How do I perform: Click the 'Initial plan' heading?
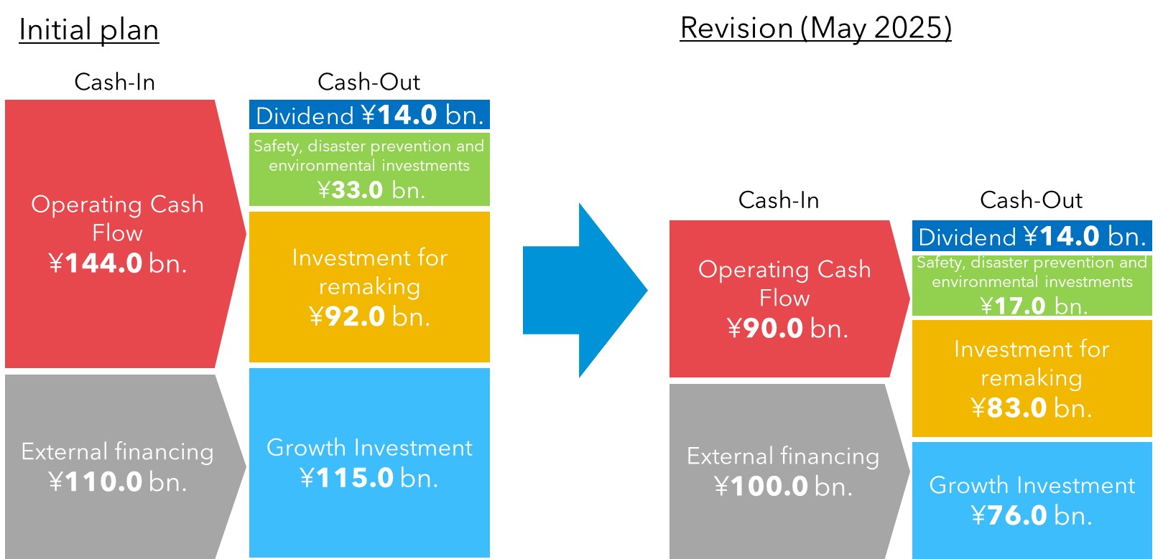pyautogui.click(x=89, y=30)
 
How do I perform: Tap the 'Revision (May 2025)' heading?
pyautogui.click(x=815, y=28)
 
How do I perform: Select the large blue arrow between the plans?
pyautogui.click(x=585, y=291)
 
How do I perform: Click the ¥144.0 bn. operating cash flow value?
pyautogui.click(x=118, y=263)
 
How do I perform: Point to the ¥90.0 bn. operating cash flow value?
pyautogui.click(x=787, y=328)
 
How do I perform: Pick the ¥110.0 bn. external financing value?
pyautogui.click(x=118, y=482)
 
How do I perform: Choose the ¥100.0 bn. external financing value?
pyautogui.click(x=784, y=487)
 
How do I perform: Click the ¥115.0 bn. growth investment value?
pyautogui.click(x=369, y=478)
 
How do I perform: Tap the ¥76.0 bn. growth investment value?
pyautogui.click(x=1032, y=515)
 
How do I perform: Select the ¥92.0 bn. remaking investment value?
pyautogui.click(x=370, y=316)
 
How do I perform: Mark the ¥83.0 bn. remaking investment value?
pyautogui.click(x=1032, y=408)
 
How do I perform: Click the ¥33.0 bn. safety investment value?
pyautogui.click(x=371, y=189)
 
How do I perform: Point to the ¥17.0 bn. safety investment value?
pyautogui.click(x=1034, y=306)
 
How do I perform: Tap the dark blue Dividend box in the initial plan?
pyautogui.click(x=370, y=115)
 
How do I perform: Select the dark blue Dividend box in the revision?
pyautogui.click(x=1032, y=236)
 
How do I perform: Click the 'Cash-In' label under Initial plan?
pyautogui.click(x=115, y=82)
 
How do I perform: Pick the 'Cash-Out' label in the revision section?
pyautogui.click(x=1031, y=200)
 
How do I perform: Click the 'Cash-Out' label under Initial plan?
pyautogui.click(x=369, y=82)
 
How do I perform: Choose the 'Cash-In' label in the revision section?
pyautogui.click(x=779, y=200)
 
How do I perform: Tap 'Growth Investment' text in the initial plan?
pyautogui.click(x=370, y=448)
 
